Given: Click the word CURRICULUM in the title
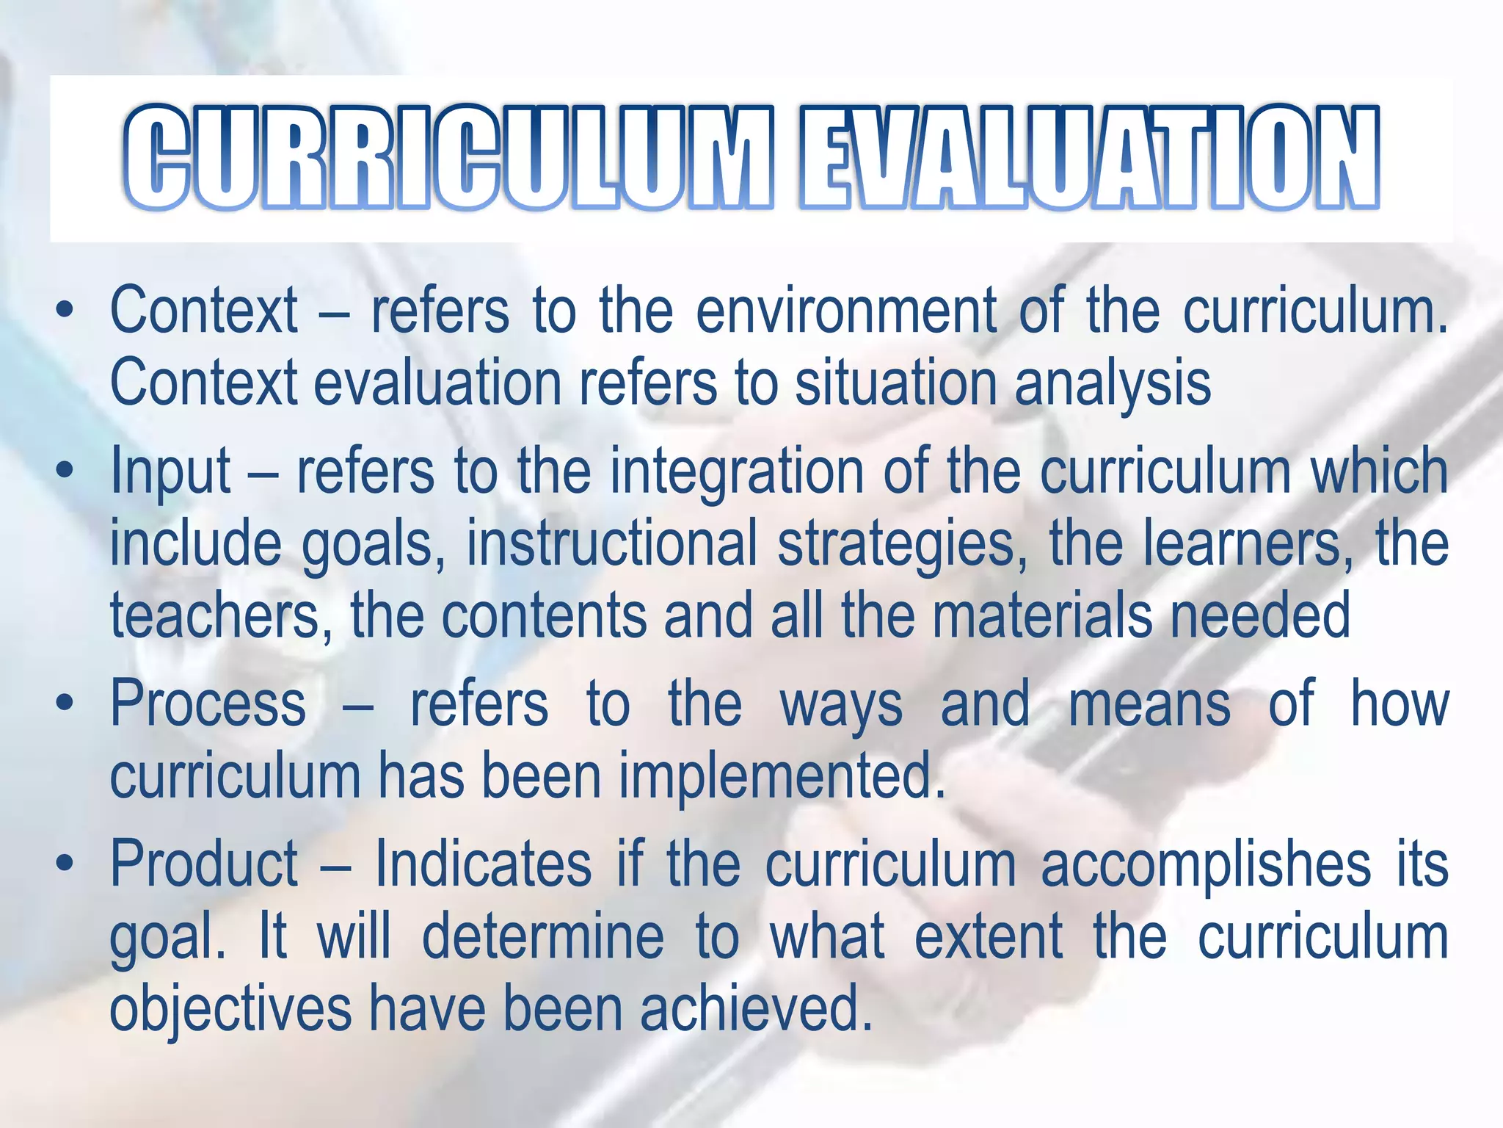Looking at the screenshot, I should (x=448, y=158).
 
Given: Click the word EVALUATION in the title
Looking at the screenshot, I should (x=1089, y=158).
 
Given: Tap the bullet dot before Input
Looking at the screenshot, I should (x=65, y=470).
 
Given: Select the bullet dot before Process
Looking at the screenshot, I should (x=65, y=704).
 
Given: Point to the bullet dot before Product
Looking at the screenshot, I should (x=65, y=864).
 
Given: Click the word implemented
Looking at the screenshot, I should (x=782, y=776).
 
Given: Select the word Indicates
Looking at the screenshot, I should (x=484, y=864).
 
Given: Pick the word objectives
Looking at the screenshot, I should (x=230, y=1009).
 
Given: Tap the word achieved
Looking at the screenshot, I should (x=757, y=1008).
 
